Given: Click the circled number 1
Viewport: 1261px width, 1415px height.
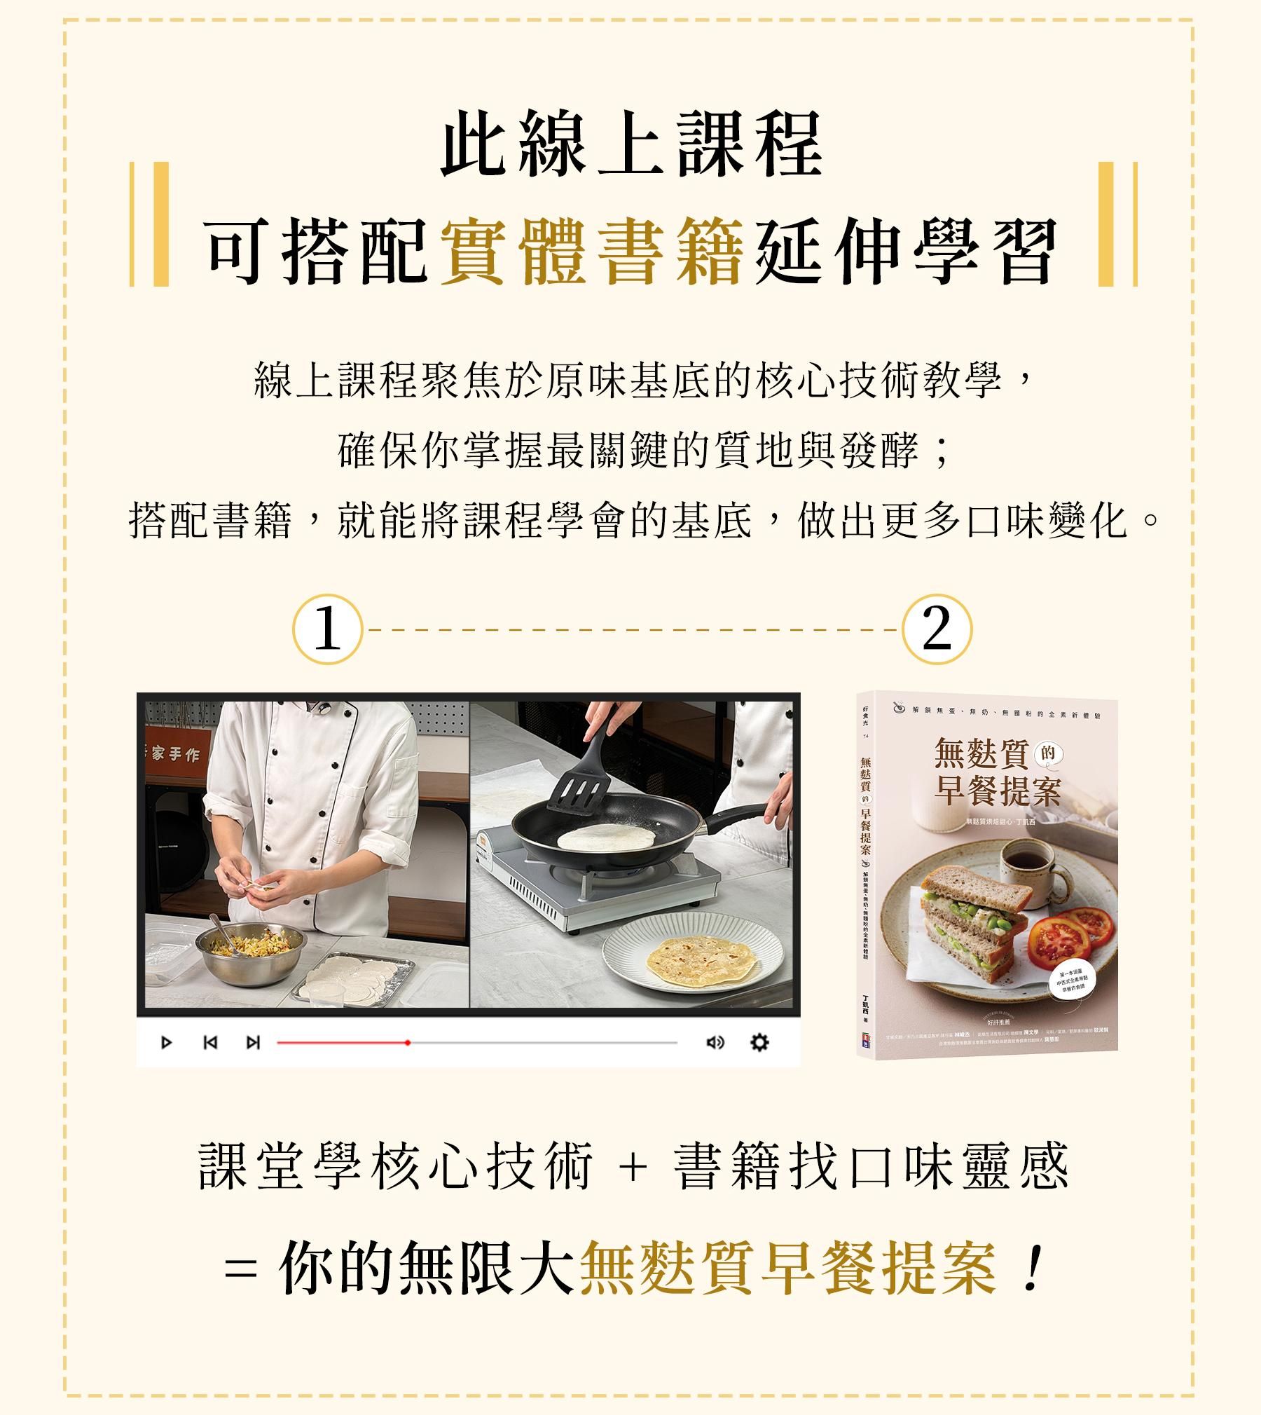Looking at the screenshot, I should (x=327, y=629).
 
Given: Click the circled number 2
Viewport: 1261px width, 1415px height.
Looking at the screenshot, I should (x=937, y=629).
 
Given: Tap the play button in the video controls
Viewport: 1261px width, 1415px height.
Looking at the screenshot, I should (x=167, y=1042).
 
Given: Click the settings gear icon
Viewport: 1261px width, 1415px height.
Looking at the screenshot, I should (x=759, y=1042).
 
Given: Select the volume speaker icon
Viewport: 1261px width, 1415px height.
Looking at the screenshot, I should (x=715, y=1042).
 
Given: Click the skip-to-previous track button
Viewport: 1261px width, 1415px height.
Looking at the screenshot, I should (x=209, y=1042).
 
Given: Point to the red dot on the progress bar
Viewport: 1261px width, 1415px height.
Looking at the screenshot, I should (x=408, y=1042).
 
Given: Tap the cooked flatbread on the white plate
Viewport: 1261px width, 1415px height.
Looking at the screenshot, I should (x=702, y=957).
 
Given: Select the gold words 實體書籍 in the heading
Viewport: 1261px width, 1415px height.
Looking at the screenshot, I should (x=592, y=251).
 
